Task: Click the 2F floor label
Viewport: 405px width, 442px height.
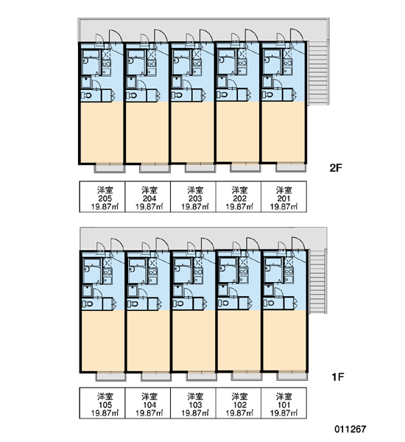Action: [336, 168]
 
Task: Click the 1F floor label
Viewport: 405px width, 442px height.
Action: [338, 376]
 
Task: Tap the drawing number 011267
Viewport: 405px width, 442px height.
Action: [351, 429]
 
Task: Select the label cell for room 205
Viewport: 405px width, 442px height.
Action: [102, 197]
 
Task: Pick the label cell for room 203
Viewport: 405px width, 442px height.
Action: [193, 197]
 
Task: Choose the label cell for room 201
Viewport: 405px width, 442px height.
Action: [283, 197]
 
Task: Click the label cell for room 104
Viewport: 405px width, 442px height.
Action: [148, 403]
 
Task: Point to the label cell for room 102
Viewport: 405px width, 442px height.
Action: [239, 403]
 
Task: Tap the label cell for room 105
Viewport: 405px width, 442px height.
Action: [102, 403]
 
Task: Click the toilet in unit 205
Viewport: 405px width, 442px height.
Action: [87, 96]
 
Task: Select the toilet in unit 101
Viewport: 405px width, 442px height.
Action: [269, 304]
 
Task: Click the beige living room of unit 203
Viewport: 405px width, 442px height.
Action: [192, 132]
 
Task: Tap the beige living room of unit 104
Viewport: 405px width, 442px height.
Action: [148, 340]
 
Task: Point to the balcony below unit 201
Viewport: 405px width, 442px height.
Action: [291, 168]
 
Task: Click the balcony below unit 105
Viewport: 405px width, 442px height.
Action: [110, 376]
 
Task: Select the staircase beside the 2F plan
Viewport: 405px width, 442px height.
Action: [318, 73]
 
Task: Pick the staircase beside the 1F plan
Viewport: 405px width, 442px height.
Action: [317, 281]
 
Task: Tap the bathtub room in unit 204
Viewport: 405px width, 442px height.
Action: [136, 63]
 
